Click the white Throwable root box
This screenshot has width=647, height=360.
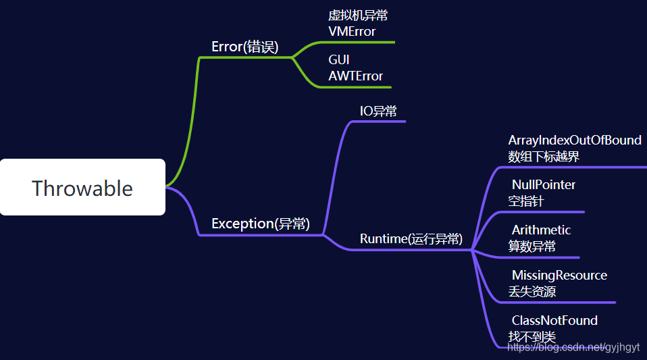[x=82, y=187]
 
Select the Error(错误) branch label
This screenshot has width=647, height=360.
[x=244, y=47]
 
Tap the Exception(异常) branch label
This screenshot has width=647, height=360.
[x=261, y=224]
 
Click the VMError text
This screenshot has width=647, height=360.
[x=352, y=31]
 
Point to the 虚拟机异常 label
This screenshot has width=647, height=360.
[x=358, y=16]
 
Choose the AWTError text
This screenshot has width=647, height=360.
[x=355, y=76]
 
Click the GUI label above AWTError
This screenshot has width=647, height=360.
[x=339, y=60]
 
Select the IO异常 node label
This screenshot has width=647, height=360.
[x=378, y=111]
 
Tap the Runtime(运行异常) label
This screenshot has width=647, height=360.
[x=411, y=238]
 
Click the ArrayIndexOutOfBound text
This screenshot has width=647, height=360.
[x=575, y=140]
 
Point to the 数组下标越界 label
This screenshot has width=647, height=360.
[x=544, y=157]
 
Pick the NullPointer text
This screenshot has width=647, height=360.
[x=544, y=184]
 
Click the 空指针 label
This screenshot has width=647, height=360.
[x=526, y=201]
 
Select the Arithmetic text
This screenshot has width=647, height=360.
[x=541, y=230]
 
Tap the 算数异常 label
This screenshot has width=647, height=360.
[x=532, y=247]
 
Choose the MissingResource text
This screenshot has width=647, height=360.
[x=559, y=275]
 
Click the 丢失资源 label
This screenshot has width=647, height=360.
[x=532, y=292]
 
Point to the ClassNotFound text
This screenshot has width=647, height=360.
[x=554, y=320]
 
